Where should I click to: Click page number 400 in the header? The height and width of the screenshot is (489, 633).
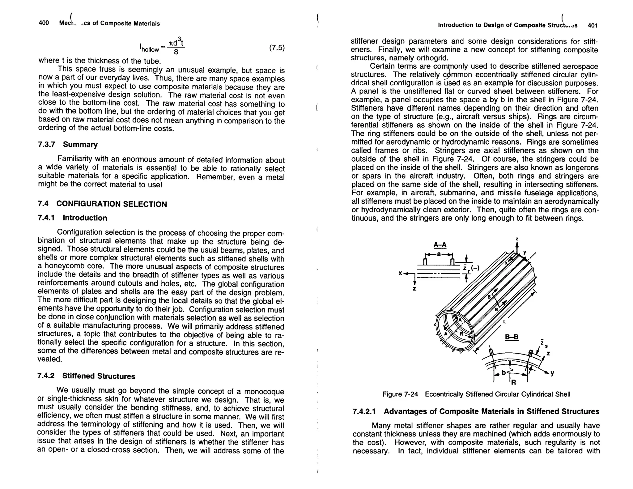[44, 23]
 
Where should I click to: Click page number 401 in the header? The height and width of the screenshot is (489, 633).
[593, 26]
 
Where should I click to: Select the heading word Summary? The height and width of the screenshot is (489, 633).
[80, 144]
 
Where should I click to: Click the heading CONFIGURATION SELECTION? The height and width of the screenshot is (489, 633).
[112, 204]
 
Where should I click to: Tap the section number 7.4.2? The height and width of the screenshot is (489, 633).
[46, 376]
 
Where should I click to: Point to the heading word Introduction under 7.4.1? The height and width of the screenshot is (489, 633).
[85, 218]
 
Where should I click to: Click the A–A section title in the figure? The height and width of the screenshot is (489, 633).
[440, 245]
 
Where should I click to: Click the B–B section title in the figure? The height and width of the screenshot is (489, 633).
[512, 337]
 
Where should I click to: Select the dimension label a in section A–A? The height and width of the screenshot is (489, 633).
[439, 254]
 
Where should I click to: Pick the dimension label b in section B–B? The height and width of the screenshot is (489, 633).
[503, 372]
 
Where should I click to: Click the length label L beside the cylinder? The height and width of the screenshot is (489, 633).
[504, 322]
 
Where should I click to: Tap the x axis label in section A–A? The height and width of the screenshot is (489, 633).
[400, 273]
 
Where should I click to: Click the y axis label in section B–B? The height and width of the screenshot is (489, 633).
[552, 373]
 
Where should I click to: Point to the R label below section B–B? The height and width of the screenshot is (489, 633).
[513, 382]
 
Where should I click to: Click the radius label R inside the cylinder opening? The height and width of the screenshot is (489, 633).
[461, 334]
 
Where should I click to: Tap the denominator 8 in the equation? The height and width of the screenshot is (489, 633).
[176, 52]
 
